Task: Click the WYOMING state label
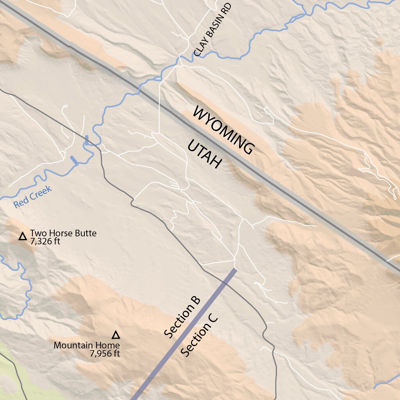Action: pyautogui.click(x=224, y=131)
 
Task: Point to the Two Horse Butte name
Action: pyautogui.click(x=63, y=234)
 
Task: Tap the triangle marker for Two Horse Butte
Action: pyautogui.click(x=23, y=236)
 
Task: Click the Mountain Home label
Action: pyautogui.click(x=86, y=345)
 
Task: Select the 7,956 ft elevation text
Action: pyautogui.click(x=104, y=354)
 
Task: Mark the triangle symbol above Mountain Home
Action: pyautogui.click(x=115, y=335)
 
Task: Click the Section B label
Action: pyautogui.click(x=182, y=317)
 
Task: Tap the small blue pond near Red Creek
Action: pyautogui.click(x=74, y=160)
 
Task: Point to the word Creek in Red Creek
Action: pyautogui.click(x=40, y=193)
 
